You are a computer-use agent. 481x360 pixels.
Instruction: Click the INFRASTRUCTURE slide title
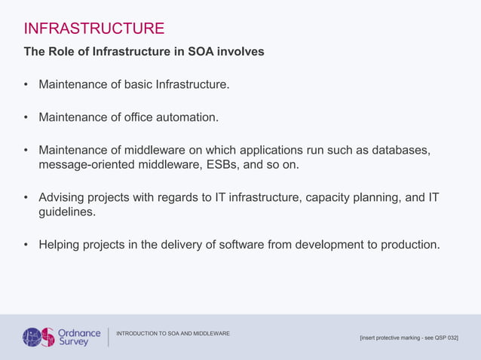coord(94,29)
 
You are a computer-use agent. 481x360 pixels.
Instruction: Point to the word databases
coord(400,151)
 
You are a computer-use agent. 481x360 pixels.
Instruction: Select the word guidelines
coord(67,212)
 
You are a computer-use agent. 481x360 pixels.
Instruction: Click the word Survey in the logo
coord(74,342)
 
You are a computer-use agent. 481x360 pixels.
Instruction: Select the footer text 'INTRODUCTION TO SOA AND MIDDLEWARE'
coord(173,334)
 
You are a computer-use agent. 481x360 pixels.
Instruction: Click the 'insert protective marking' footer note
coord(409,338)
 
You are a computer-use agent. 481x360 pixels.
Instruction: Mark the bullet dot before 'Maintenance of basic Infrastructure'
coord(26,85)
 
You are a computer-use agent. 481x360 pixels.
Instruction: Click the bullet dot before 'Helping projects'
coord(26,246)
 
